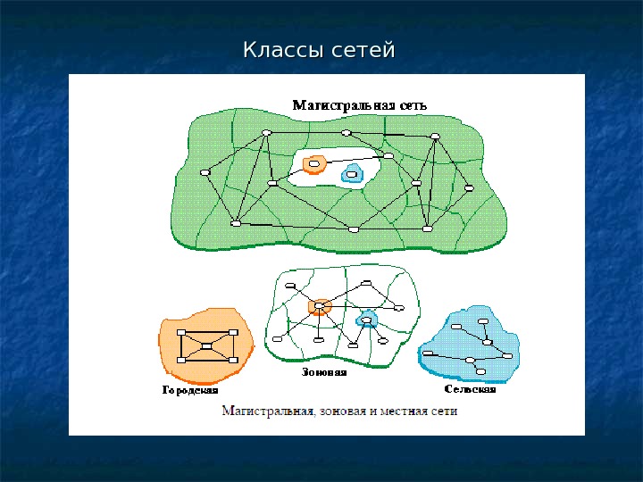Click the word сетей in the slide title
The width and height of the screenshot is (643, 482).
pos(363,50)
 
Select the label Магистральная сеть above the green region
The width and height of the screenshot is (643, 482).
pos(360,104)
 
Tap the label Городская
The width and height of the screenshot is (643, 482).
pos(189,390)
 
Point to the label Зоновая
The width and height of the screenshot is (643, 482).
pos(323,372)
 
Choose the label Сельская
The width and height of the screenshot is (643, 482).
pos(470,389)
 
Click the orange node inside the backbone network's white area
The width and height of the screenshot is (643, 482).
pos(313,164)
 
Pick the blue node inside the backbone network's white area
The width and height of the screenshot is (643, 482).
pos(352,174)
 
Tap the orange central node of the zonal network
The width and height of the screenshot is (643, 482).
pos(319,306)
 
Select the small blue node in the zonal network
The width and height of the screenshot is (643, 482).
pos(365,320)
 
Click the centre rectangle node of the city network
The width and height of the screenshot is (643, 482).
pos(207,345)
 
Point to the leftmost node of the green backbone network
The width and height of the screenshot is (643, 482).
pos(205,172)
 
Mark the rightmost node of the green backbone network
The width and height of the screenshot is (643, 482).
pos(468,187)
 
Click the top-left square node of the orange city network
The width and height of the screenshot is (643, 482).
pos(180,332)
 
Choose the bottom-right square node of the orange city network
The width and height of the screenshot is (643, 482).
pos(234,360)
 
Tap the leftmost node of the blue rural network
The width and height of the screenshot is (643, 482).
pos(429,353)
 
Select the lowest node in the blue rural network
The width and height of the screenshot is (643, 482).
pos(481,371)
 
